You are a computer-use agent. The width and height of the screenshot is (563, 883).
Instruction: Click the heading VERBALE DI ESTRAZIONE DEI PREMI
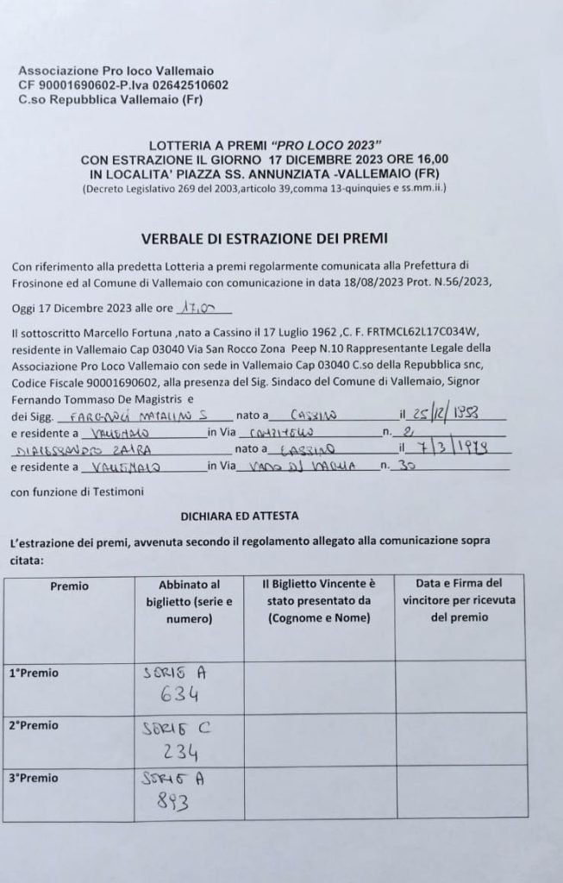264,239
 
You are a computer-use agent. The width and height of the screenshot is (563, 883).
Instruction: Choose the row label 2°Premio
34,725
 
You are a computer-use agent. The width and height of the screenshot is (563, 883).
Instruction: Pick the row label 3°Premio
34,778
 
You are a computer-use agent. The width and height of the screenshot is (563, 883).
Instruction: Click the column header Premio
69,586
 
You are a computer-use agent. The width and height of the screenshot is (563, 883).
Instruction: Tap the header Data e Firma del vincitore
460,600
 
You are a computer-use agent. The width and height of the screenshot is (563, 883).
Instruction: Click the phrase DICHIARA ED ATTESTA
240,516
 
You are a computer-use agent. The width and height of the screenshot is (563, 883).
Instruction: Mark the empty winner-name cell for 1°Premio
319,686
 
